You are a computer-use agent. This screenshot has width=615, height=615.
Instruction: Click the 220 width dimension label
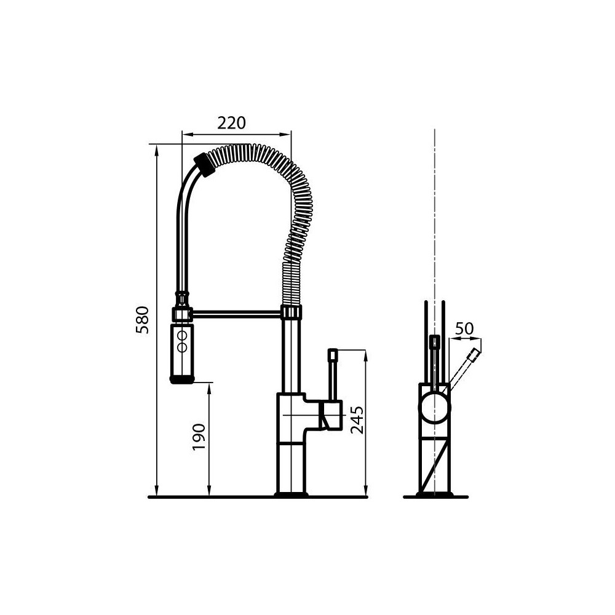(231, 123)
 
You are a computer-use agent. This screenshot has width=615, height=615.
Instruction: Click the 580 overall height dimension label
(143, 320)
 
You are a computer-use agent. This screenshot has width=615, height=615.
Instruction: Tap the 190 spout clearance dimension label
(198, 437)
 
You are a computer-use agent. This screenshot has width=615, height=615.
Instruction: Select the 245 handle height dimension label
(357, 420)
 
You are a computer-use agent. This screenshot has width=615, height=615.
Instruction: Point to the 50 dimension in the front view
(464, 328)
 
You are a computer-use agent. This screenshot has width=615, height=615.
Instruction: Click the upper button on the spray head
(182, 336)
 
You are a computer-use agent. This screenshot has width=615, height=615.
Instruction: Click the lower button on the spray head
(182, 347)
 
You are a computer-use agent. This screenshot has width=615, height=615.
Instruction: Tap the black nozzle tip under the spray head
(182, 379)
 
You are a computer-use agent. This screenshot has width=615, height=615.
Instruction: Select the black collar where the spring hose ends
(204, 164)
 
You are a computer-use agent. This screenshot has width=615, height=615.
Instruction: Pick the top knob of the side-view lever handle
(333, 354)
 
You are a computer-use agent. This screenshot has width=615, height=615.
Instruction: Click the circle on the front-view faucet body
(434, 408)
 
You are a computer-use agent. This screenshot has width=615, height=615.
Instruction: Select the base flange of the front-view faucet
(434, 494)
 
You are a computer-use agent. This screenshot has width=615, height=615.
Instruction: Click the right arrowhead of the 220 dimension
(287, 133)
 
